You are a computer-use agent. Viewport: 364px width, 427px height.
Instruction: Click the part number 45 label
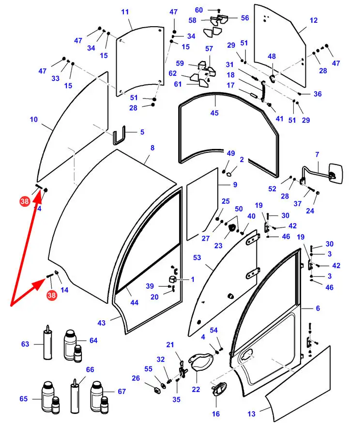214,113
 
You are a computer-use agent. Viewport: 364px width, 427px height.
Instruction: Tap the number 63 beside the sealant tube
25,344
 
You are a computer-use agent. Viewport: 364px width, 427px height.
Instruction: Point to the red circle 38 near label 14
51,295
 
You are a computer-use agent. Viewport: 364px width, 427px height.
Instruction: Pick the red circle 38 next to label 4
24,200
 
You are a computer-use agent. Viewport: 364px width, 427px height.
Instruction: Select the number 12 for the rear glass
313,20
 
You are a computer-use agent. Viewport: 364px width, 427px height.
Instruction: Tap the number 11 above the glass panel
125,12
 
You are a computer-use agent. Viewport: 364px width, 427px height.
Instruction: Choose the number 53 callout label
197,258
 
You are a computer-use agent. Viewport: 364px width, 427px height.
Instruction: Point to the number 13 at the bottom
251,414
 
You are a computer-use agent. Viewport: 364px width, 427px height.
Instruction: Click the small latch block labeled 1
172,280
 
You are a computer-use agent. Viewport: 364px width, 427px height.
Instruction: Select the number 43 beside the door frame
101,323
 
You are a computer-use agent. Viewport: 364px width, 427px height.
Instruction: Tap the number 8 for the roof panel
152,148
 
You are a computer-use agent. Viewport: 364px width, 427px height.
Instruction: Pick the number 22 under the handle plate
196,389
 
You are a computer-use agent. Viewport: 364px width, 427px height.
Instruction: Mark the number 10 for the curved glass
33,119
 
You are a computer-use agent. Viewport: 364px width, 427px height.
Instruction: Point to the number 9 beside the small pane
235,184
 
